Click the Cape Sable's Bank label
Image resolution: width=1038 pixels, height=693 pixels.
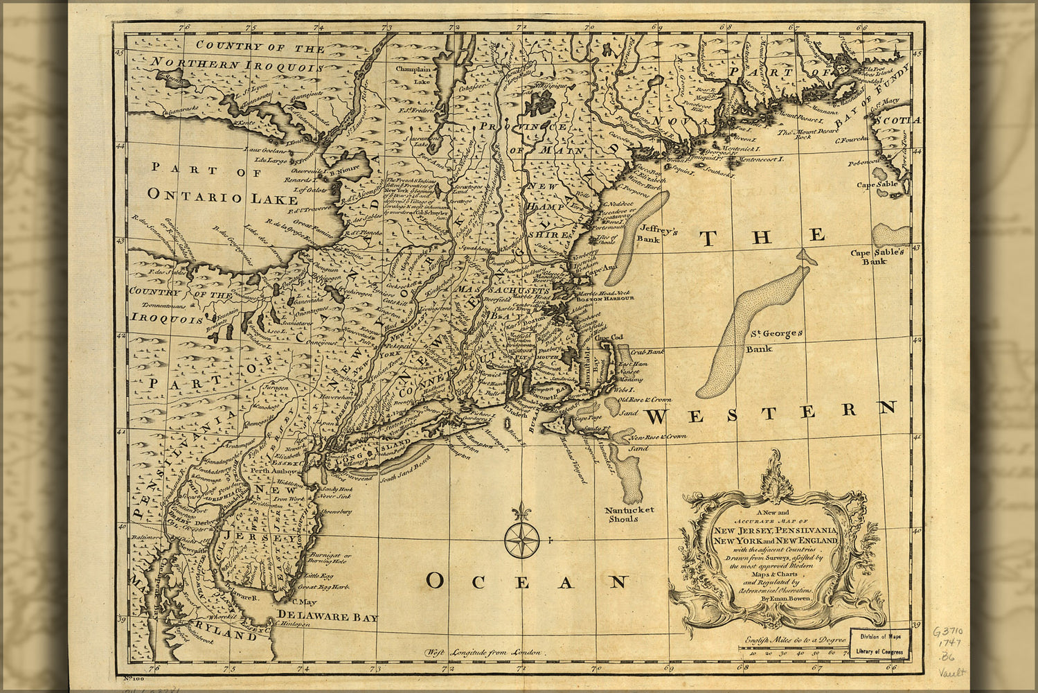877,257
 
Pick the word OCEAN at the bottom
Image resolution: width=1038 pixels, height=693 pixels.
526,581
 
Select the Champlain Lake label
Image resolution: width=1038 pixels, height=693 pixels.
413,75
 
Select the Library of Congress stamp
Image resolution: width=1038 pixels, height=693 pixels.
880,643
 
